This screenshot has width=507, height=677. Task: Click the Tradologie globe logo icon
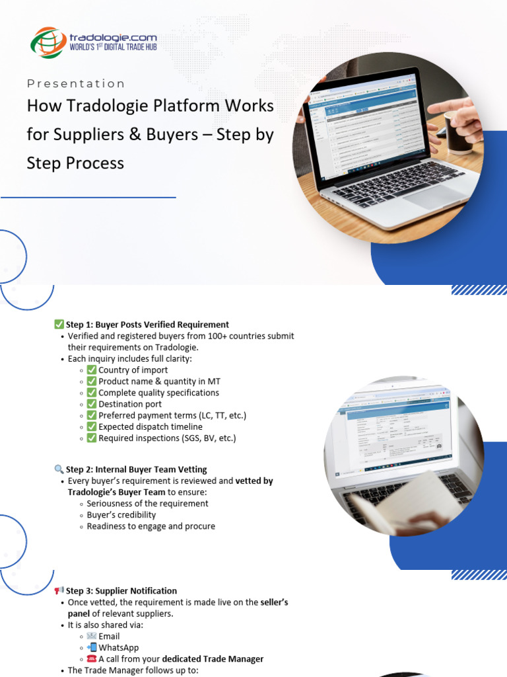48,42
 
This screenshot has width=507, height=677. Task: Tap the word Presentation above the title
76,83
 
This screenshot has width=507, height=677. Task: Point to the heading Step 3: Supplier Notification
121,590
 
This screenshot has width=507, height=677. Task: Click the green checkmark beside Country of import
92,370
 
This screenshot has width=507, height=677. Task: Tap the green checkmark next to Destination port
92,404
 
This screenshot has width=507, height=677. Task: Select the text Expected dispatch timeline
151,426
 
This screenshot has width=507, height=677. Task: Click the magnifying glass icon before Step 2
59,469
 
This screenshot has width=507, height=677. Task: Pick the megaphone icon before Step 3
59,590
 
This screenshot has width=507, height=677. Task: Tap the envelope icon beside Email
92,636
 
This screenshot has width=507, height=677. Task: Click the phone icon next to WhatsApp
92,647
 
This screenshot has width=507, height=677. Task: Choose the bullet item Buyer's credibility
121,515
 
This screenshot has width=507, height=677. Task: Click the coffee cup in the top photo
456,125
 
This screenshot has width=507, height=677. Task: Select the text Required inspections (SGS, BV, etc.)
167,438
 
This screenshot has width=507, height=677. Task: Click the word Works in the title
250,106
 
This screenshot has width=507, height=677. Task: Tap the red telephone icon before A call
92,658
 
